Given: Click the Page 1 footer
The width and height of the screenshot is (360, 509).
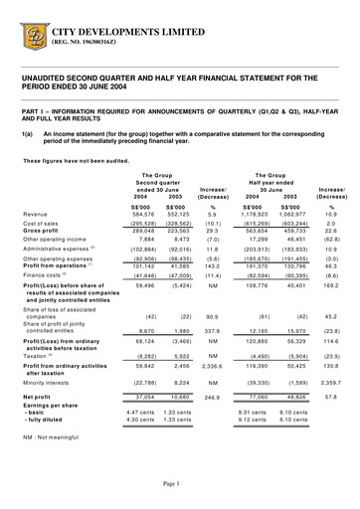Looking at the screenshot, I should (x=180, y=482).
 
